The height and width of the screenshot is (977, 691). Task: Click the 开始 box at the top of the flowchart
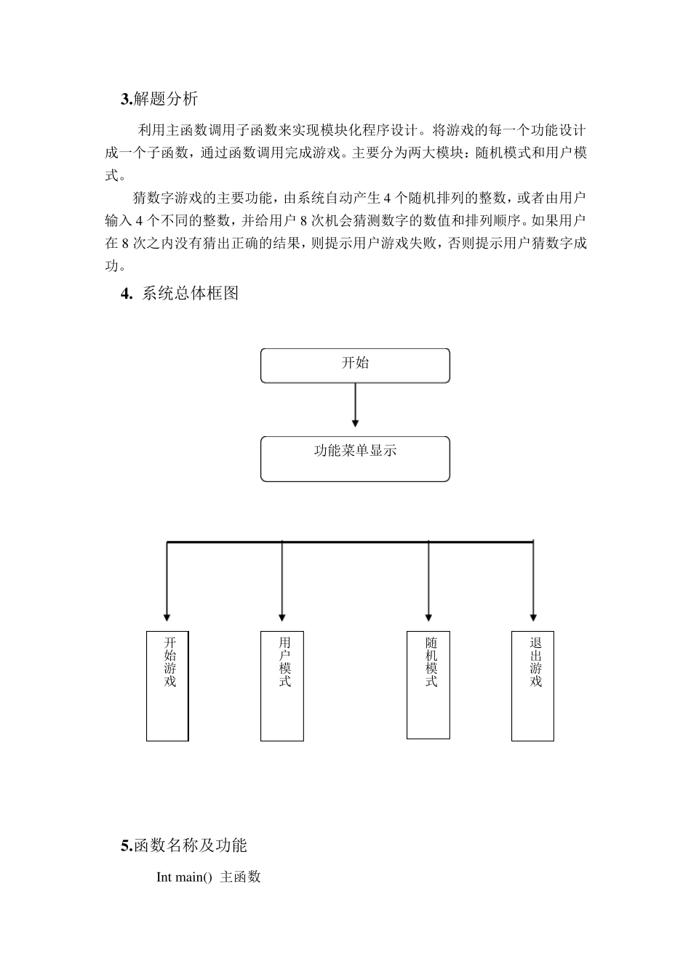pos(355,365)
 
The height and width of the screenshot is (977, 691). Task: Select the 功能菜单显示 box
pos(355,458)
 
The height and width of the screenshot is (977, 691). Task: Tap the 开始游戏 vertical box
pos(167,685)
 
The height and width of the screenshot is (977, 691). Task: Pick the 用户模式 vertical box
pos(282,685)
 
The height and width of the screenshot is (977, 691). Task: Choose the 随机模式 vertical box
pos(428,684)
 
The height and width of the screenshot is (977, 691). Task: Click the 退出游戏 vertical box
pos(532,685)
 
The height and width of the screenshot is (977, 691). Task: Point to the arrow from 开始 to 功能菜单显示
pos(355,404)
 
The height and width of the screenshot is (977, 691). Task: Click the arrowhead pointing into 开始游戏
pos(167,617)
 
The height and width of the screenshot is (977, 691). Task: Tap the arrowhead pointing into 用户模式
pos(282,617)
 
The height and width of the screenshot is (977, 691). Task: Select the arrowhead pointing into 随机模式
pos(428,617)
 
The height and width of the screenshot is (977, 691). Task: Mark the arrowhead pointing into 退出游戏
pos(533,617)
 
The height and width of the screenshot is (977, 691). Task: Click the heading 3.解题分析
pos(159,99)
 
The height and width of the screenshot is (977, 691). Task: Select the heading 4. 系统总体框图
pos(180,294)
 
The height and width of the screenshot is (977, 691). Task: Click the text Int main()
pos(184,877)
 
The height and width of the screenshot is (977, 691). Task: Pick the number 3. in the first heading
pos(127,99)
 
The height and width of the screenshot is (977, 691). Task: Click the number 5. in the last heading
pos(127,845)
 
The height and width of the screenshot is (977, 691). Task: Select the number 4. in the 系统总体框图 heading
pos(127,294)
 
